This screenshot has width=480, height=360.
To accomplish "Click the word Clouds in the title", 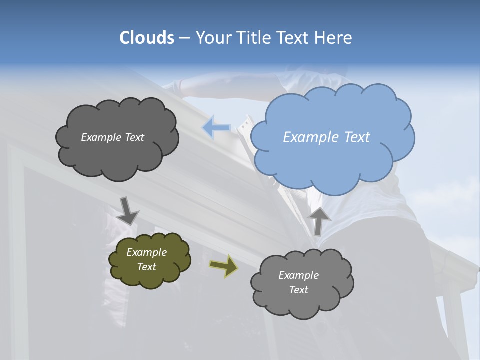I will (147, 38).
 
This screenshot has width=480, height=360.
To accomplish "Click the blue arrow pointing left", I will (216, 128).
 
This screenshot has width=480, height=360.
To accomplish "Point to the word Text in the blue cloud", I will (357, 137).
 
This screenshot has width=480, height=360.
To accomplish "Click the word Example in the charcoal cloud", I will (101, 137).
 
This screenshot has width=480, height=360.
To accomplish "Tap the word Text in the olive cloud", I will (147, 267).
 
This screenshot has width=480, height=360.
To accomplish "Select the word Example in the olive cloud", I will (147, 252).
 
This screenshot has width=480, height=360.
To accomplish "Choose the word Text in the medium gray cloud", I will (298, 290).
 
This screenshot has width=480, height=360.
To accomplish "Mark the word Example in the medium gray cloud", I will (298, 275).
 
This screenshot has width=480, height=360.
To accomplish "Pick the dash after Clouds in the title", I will (184, 38).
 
